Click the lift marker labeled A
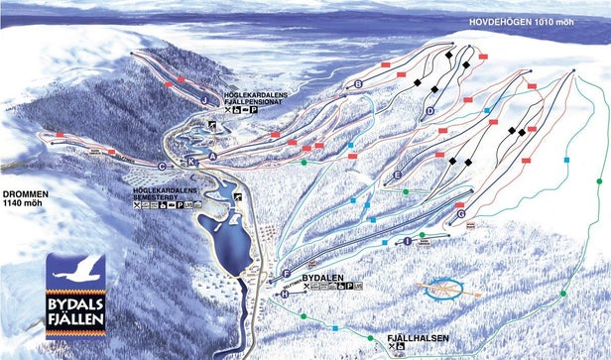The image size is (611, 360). (212, 143)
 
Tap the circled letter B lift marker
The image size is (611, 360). (357, 85)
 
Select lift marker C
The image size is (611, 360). (162, 167)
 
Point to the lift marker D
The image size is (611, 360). (430, 112)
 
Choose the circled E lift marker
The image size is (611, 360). (397, 175)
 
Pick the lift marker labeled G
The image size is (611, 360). (461, 214)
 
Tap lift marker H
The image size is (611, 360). (284, 294)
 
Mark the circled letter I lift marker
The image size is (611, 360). (407, 241)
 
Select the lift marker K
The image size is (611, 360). (191, 161)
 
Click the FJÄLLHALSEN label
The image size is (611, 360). (419, 338)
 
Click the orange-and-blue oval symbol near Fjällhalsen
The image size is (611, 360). (447, 289)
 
